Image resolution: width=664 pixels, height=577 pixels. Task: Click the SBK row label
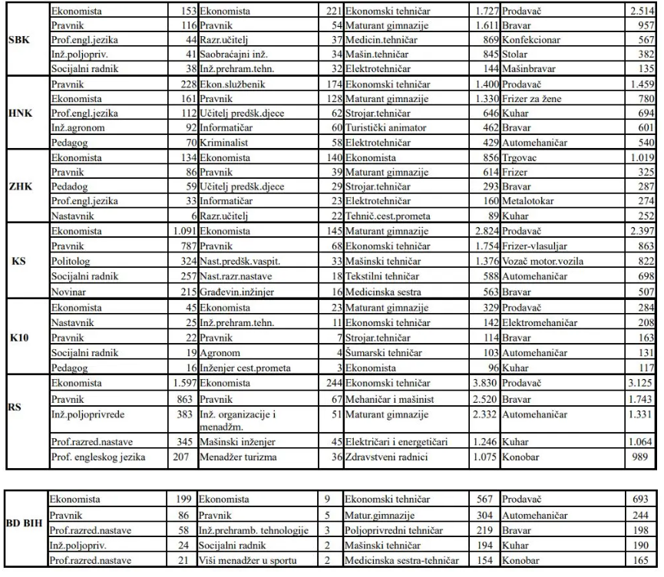click(x=19, y=40)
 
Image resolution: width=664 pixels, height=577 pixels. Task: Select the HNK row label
click(x=19, y=113)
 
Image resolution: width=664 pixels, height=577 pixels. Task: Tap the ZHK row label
click(x=19, y=186)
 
